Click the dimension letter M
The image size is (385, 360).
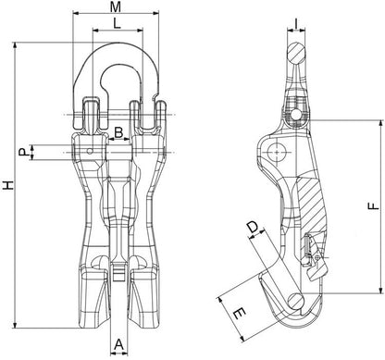click(x=116, y=6)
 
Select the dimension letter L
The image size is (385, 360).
click(x=117, y=23)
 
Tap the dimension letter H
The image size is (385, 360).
click(x=8, y=185)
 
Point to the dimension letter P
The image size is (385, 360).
click(x=22, y=152)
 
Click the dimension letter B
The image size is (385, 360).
click(x=118, y=132)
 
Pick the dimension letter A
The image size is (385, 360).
click(x=119, y=344)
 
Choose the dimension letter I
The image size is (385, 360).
click(x=296, y=23)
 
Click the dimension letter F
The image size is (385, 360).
click(x=374, y=206)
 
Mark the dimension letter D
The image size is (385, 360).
click(x=254, y=228)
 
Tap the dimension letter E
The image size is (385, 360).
click(x=240, y=315)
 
